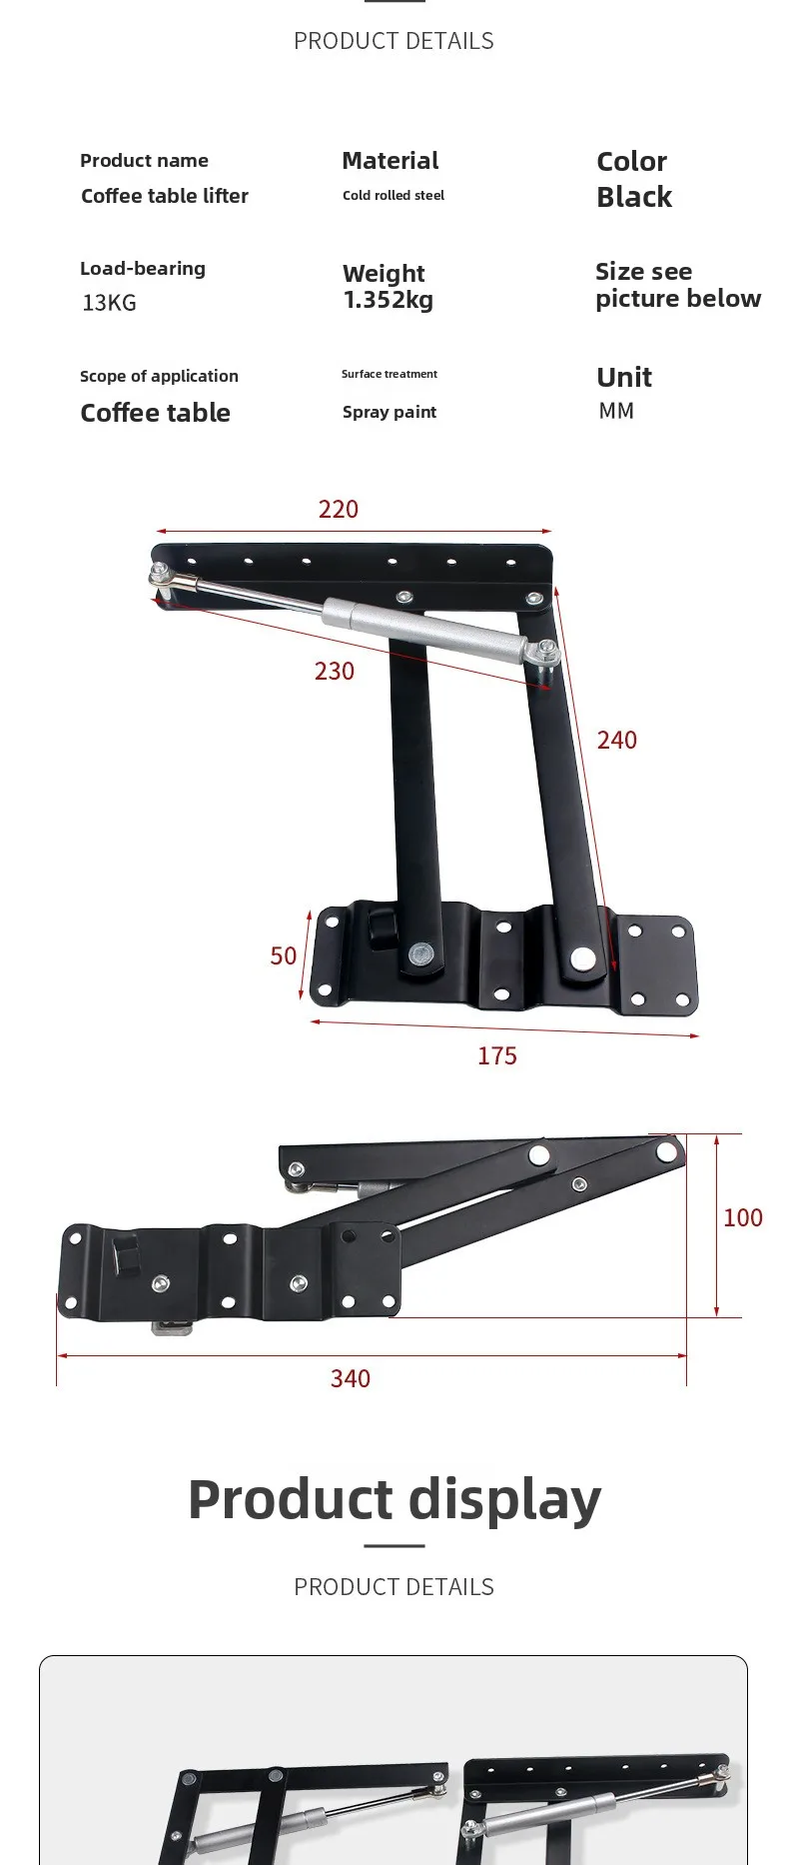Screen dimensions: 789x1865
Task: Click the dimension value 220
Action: coord(339,509)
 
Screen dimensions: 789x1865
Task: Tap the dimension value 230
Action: coord(335,671)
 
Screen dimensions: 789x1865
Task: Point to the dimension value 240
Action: coord(617,740)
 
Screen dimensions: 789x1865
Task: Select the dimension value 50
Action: coord(284,956)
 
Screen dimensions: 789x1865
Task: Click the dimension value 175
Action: coord(497,1056)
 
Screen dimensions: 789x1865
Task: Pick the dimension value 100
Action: coord(743,1217)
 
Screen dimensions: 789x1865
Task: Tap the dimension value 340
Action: coord(351,1379)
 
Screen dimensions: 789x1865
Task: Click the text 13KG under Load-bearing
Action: coord(109,303)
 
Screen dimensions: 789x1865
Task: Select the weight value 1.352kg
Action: coord(389,300)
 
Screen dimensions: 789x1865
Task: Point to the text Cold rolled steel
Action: coord(394,196)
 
